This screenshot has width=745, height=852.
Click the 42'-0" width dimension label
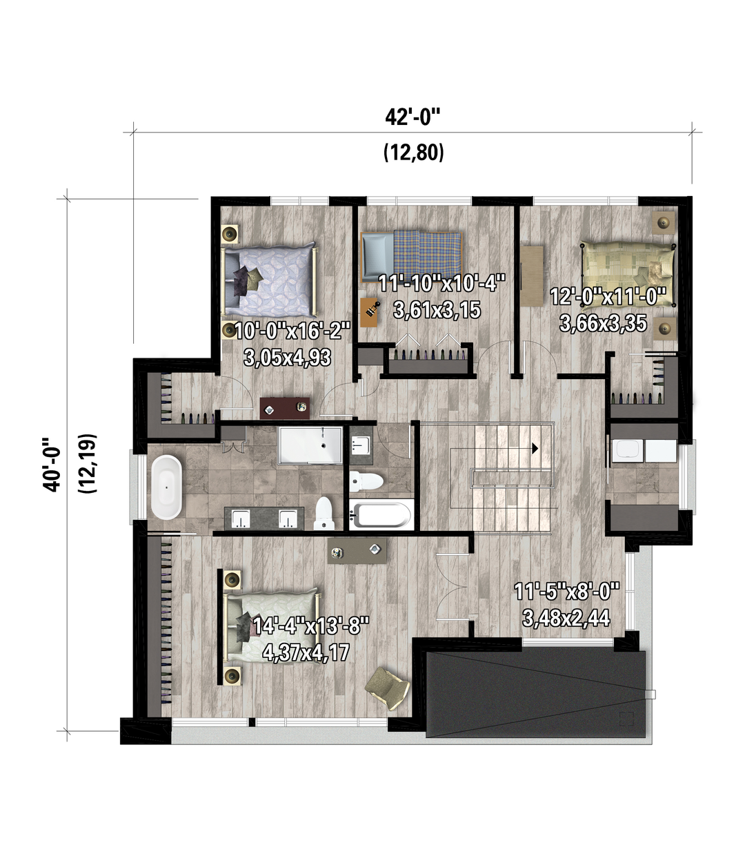(413, 118)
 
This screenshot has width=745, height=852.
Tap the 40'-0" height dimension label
(52, 464)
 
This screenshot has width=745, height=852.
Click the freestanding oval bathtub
(166, 487)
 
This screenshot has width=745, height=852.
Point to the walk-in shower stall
(310, 445)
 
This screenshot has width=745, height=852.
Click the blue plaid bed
(411, 257)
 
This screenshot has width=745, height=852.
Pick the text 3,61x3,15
(437, 310)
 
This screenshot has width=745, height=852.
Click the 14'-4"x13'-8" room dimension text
(311, 626)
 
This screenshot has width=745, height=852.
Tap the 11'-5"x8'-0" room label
(567, 591)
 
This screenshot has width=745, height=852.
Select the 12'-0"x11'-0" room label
(608, 298)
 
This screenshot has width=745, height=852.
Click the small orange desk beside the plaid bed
(369, 312)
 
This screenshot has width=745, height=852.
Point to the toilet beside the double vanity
(324, 514)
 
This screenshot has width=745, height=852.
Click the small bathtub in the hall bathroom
(380, 515)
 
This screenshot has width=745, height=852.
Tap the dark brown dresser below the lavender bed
(285, 408)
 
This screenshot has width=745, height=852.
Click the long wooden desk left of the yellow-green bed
(532, 276)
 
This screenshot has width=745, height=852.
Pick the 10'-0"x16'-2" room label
(292, 331)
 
